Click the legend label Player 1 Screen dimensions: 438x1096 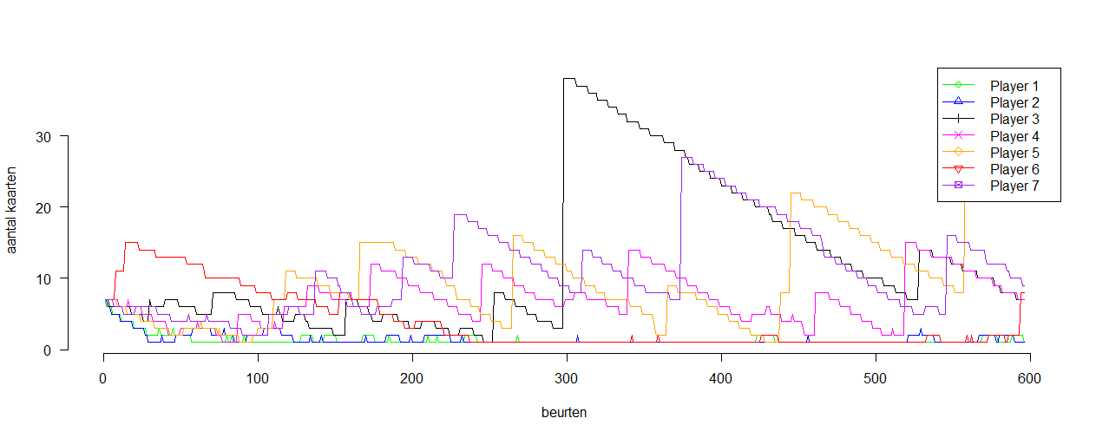pyautogui.click(x=1014, y=86)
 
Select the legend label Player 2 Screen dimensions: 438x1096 pyautogui.click(x=1014, y=102)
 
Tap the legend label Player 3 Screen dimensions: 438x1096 pyautogui.click(x=1014, y=119)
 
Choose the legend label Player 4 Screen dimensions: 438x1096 pyautogui.click(x=1014, y=136)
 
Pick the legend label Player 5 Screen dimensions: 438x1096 pyautogui.click(x=1014, y=153)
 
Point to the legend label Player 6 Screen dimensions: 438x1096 pyautogui.click(x=1014, y=169)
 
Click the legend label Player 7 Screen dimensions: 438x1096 pyautogui.click(x=1014, y=186)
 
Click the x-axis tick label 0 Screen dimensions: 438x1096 pyautogui.click(x=103, y=378)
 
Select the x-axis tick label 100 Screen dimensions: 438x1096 pyautogui.click(x=258, y=378)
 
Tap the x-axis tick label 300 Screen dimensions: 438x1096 pyautogui.click(x=567, y=378)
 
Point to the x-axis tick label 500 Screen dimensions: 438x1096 pyautogui.click(x=876, y=378)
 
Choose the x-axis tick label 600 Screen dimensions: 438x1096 pyautogui.click(x=1030, y=378)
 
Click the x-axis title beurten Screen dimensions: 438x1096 pyautogui.click(x=564, y=413)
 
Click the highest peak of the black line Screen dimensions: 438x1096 pyautogui.click(x=568, y=79)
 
